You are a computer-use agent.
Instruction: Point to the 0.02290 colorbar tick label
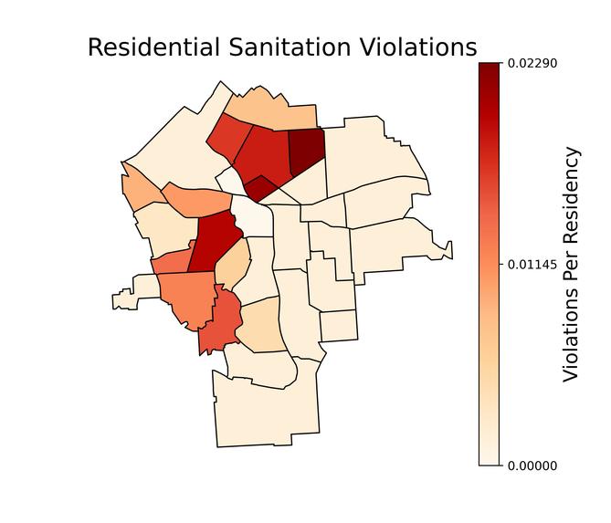pos(532,63)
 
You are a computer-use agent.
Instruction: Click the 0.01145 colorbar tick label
pos(532,265)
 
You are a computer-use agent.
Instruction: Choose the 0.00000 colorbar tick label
pos(532,465)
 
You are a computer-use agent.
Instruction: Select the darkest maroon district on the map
pos(306,152)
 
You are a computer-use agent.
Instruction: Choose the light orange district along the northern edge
pos(271,110)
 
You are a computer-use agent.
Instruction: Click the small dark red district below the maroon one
pos(261,188)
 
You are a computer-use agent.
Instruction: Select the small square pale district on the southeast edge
pos(339,326)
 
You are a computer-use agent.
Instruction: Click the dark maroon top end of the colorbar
pos(490,68)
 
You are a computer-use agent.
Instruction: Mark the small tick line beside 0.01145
pos(503,265)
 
